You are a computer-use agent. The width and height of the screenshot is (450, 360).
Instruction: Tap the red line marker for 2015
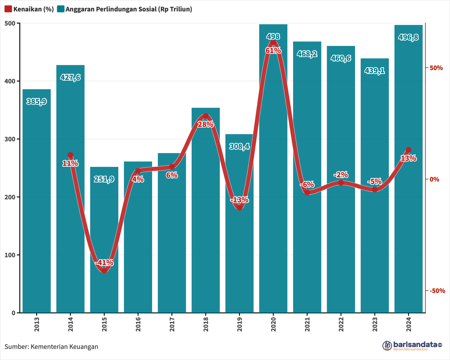(104, 271)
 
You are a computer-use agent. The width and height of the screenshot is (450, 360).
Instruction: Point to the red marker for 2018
(206, 116)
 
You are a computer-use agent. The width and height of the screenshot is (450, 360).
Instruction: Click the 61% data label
(273, 51)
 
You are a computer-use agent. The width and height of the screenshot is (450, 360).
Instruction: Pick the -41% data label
(104, 263)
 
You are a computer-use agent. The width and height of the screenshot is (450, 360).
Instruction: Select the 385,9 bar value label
(37, 102)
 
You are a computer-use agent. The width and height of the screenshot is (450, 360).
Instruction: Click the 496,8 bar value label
(408, 37)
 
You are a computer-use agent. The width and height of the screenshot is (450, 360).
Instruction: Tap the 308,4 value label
(239, 146)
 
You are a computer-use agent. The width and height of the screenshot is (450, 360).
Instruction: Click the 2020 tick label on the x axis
(273, 324)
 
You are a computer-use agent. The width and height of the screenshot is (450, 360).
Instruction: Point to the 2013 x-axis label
(37, 324)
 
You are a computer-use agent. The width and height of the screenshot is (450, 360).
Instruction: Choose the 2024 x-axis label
(408, 324)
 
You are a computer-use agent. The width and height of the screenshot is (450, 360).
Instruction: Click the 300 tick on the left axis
(12, 139)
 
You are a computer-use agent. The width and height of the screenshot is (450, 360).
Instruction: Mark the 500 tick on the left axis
(12, 23)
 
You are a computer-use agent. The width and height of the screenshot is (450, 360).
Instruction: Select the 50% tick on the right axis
(436, 68)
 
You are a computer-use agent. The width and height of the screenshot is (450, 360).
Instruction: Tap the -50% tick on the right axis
(437, 291)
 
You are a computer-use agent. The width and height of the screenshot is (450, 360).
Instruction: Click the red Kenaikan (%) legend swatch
(8, 9)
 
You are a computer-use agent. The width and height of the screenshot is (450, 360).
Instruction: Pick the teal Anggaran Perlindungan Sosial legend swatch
(60, 9)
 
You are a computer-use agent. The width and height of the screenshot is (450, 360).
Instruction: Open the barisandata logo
(412, 345)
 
